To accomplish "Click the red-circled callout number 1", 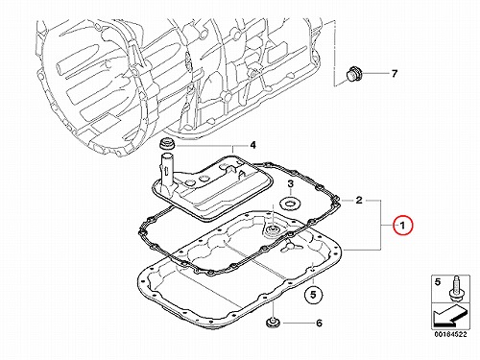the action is [x=403, y=226].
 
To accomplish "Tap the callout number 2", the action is [x=359, y=201].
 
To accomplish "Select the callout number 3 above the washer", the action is [x=290, y=184].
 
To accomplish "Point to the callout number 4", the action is [x=252, y=145].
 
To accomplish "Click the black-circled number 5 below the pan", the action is [x=313, y=295].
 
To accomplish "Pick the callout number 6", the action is [x=319, y=324].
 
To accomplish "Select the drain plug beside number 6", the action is [x=273, y=323].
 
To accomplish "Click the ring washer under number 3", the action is [x=290, y=204].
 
